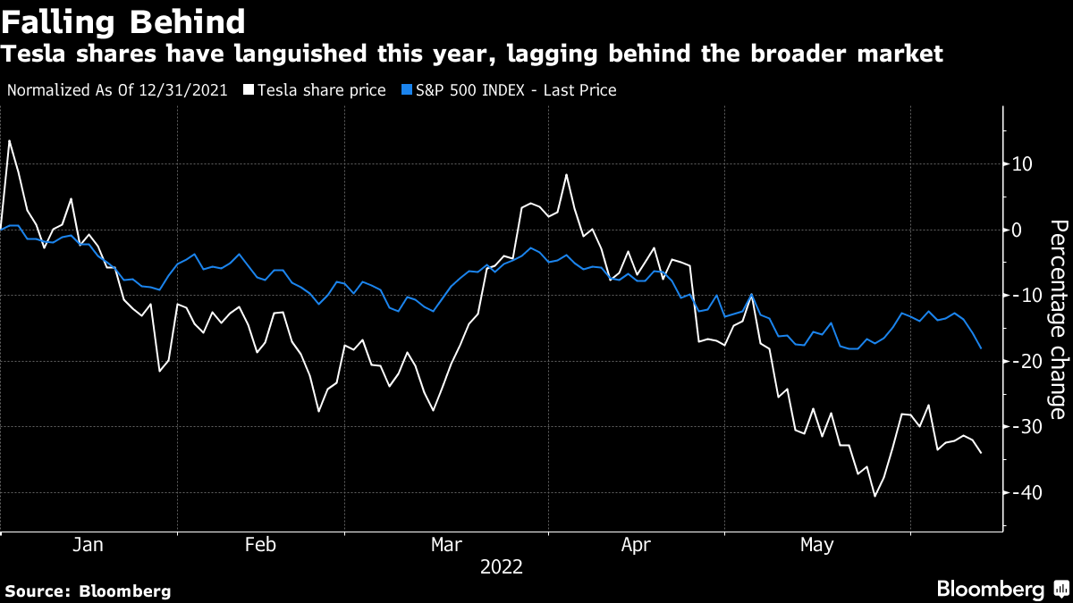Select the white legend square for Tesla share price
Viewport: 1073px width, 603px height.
(x=249, y=90)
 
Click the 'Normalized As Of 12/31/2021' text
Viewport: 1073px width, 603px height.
(x=116, y=90)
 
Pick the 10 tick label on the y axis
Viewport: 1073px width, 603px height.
(x=1023, y=164)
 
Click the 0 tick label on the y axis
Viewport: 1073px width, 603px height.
(x=1017, y=230)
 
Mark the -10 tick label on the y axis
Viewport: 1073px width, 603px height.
(x=1023, y=296)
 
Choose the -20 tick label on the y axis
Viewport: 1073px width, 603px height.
(x=1023, y=361)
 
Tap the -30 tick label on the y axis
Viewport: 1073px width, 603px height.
(x=1023, y=427)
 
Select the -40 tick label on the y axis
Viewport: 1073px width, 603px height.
(x=1023, y=492)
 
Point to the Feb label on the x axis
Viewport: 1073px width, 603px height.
(x=260, y=545)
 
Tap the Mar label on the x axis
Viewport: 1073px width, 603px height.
(x=446, y=545)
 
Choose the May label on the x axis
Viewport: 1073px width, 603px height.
(x=817, y=545)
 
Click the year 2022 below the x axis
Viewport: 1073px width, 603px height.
(x=501, y=567)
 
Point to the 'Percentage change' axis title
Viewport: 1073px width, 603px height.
(x=1058, y=319)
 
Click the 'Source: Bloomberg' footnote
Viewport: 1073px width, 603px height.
(x=88, y=590)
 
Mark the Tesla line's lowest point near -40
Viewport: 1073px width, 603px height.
(x=874, y=496)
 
